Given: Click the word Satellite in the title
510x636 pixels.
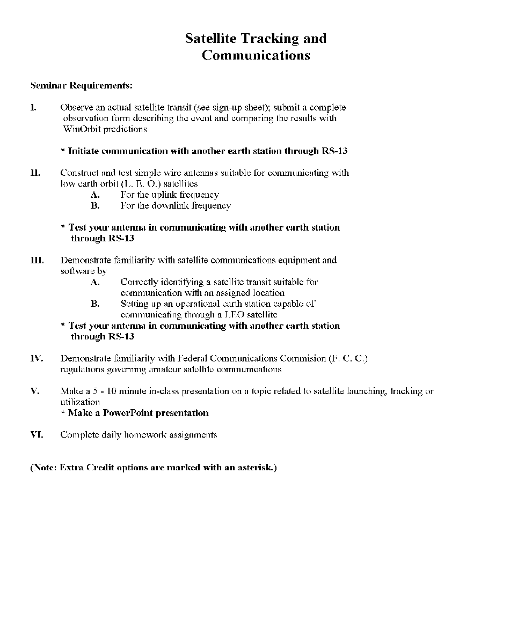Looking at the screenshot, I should (x=210, y=39).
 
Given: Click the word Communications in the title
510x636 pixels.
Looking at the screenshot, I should (x=256, y=55).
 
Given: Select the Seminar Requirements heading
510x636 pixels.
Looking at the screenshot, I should (x=81, y=85).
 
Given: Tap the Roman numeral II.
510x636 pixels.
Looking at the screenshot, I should (x=35, y=173).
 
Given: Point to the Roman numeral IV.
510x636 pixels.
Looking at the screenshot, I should (x=36, y=358).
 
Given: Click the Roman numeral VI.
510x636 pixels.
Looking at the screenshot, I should (x=36, y=435).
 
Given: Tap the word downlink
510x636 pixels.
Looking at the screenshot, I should (x=171, y=206).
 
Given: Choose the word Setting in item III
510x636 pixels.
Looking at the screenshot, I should (x=135, y=304).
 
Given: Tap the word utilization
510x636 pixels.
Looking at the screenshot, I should (x=80, y=402).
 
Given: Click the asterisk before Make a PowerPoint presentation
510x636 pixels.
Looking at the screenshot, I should (x=63, y=413).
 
